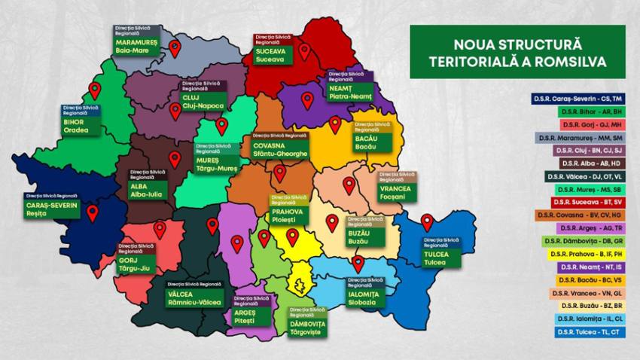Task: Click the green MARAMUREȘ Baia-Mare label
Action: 136,47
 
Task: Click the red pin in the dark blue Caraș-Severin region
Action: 93,213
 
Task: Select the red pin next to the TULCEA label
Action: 427,222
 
